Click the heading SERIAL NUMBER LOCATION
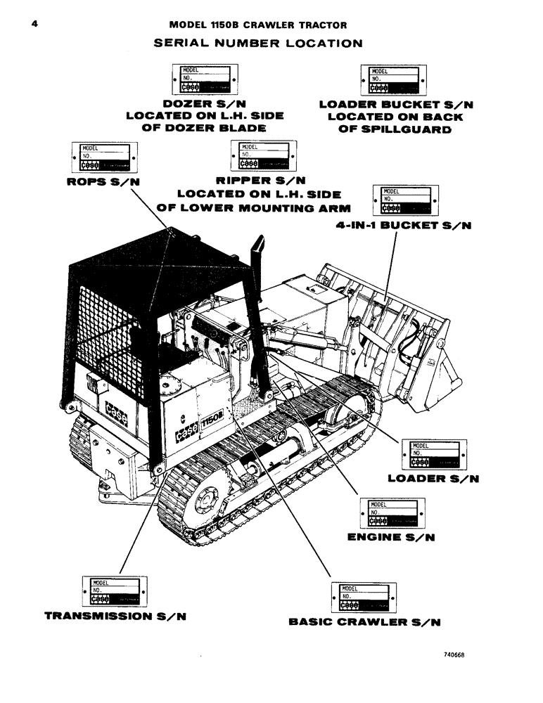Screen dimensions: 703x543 (x=258, y=43)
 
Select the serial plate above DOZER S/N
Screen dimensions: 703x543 (x=203, y=79)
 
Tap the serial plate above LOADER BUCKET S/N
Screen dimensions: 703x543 (x=394, y=79)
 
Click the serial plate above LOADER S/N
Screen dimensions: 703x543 (x=433, y=454)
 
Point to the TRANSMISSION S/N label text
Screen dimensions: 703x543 (x=116, y=616)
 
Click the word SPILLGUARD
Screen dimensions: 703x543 (x=397, y=130)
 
